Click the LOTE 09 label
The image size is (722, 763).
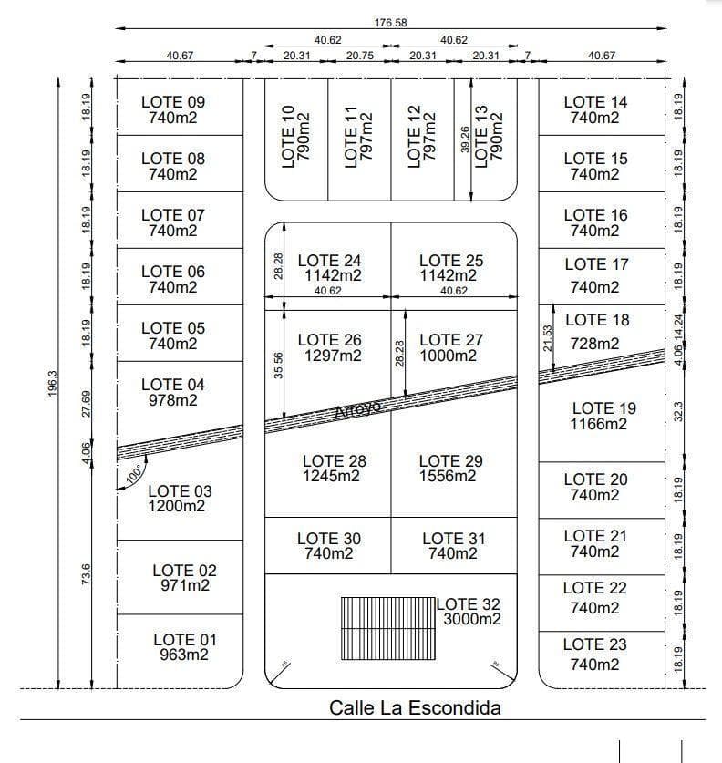point(173,101)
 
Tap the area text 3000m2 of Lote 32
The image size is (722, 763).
point(471,620)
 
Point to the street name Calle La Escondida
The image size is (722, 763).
point(415,707)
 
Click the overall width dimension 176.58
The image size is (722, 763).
point(390,22)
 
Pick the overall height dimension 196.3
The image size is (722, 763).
point(51,384)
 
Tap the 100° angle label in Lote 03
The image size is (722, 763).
point(135,474)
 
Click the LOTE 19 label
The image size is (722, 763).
point(603,407)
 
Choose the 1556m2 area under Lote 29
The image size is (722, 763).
point(449,477)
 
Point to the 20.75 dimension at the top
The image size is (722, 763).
point(360,56)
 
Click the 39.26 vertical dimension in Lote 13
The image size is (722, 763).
point(465,139)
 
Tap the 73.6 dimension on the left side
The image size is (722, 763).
point(87,575)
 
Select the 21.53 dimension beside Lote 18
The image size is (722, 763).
point(547,337)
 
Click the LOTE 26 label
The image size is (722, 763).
point(329,339)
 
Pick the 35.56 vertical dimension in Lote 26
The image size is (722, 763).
point(278,365)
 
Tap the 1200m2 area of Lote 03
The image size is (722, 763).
point(177,507)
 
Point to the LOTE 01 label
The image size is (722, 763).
point(185,639)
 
